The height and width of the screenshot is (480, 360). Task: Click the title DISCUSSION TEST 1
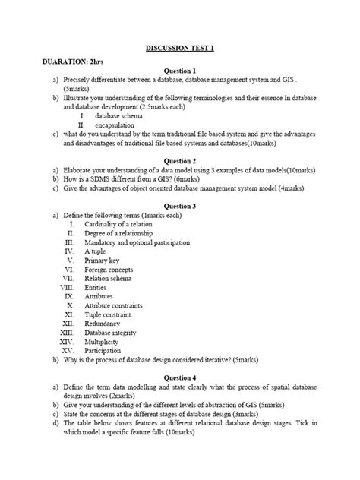coord(180,48)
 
